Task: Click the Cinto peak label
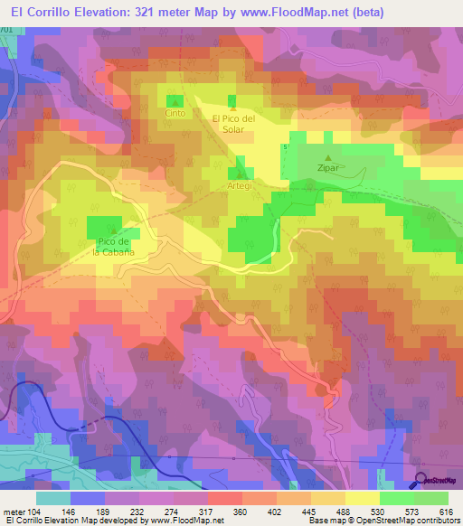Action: (x=174, y=115)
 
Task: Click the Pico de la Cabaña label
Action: (x=114, y=247)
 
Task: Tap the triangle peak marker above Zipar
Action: (x=328, y=158)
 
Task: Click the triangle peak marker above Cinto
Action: (x=174, y=104)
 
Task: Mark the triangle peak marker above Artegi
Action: (x=240, y=174)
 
